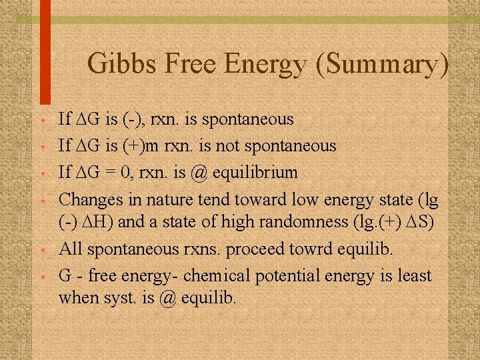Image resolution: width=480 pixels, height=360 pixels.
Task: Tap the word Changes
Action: tap(89, 199)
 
